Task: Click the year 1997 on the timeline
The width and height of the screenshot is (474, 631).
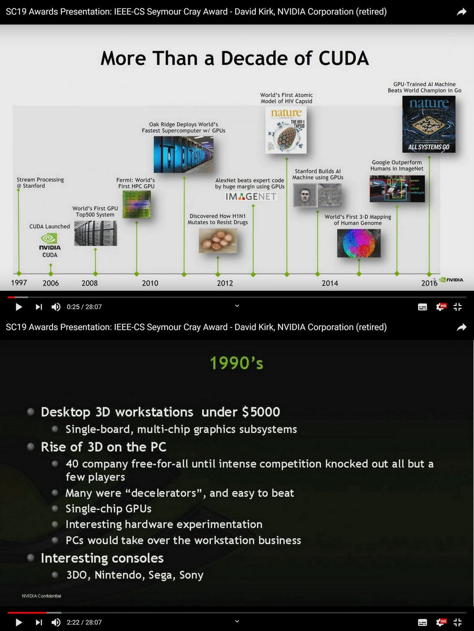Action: coord(19,283)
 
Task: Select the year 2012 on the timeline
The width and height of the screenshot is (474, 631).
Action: coord(225,283)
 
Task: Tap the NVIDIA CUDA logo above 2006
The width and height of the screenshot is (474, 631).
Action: coord(50,245)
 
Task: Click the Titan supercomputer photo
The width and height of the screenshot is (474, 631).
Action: coord(184,154)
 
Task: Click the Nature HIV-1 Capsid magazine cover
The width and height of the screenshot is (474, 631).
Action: coord(286,129)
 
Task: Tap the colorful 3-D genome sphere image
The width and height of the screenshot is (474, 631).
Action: coord(359,243)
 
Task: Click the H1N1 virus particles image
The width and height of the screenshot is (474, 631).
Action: coord(218,241)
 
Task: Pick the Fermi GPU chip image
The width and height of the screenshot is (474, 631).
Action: coord(136,205)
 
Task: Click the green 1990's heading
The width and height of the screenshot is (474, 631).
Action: coord(236,363)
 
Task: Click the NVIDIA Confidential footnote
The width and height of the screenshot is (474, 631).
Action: coord(42,596)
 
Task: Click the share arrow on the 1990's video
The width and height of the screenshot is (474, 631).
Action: coord(461,327)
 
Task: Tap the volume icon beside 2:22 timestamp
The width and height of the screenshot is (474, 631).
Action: coord(56,622)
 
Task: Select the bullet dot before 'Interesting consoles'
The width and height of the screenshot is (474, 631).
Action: coord(32,558)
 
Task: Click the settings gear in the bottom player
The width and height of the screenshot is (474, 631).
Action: coord(440,622)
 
